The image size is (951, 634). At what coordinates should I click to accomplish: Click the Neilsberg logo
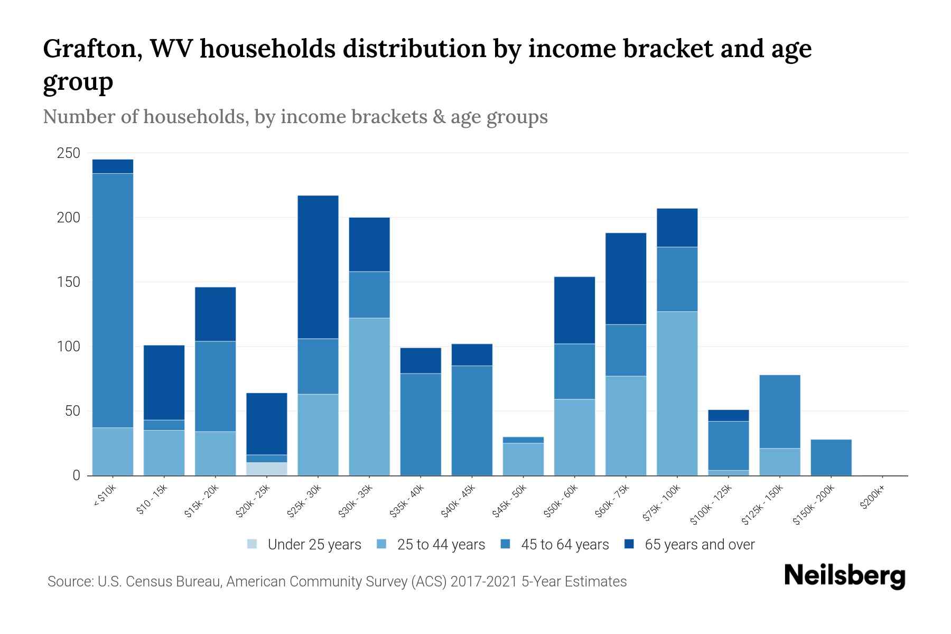coord(844,575)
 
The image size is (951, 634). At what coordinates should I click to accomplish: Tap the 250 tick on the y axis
coord(68,153)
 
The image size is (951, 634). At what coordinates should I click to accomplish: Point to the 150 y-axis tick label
coord(68,282)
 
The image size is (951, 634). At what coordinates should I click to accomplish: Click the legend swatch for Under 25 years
coord(253,544)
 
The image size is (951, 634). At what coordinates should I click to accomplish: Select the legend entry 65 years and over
coord(699,544)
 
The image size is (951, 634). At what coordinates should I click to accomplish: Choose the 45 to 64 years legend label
coord(564,544)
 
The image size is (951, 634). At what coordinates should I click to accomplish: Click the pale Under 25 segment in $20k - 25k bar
coord(267,469)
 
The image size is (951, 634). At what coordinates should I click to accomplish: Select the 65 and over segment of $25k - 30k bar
coord(318,267)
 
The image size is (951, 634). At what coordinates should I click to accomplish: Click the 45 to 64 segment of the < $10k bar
coord(113,300)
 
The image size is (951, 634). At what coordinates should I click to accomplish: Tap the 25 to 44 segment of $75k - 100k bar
coord(677,394)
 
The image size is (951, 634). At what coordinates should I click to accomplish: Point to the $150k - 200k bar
coord(831,458)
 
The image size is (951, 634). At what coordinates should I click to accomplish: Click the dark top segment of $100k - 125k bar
coord(728,415)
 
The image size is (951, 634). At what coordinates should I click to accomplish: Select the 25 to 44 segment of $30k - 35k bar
coord(369,396)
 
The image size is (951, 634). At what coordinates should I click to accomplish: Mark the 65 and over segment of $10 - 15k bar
coord(164,383)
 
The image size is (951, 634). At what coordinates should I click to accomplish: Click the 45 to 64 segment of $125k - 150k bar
coord(779,412)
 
